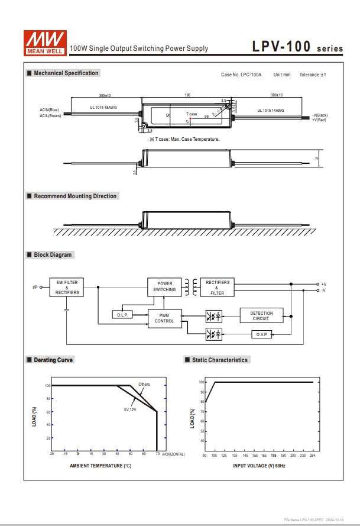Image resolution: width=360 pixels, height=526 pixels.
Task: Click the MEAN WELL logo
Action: tap(44, 41)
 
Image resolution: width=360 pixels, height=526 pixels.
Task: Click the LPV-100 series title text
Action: tap(297, 47)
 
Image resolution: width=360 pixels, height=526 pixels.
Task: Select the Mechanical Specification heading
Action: tap(66, 73)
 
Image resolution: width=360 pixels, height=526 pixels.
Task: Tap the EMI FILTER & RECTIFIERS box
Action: tap(66, 288)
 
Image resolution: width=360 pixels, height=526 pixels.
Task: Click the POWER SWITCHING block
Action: tap(164, 287)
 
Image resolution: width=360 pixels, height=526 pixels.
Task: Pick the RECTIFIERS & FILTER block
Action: tap(217, 287)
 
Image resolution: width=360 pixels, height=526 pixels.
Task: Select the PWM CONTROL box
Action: tap(164, 318)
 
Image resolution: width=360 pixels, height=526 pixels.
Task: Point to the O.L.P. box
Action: tap(122, 315)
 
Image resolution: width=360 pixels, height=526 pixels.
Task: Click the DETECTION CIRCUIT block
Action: tap(261, 316)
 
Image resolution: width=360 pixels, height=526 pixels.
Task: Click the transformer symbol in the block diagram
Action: tap(190, 287)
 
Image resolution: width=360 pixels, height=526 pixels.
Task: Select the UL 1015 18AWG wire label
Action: tap(104, 108)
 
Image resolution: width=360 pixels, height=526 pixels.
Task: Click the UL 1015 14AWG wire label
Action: tap(271, 110)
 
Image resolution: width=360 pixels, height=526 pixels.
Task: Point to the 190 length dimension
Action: tap(187, 95)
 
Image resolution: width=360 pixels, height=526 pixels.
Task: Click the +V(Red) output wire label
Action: tap(319, 120)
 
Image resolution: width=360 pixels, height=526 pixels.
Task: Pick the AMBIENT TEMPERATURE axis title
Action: tap(100, 466)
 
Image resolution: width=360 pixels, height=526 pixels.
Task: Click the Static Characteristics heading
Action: tap(220, 360)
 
